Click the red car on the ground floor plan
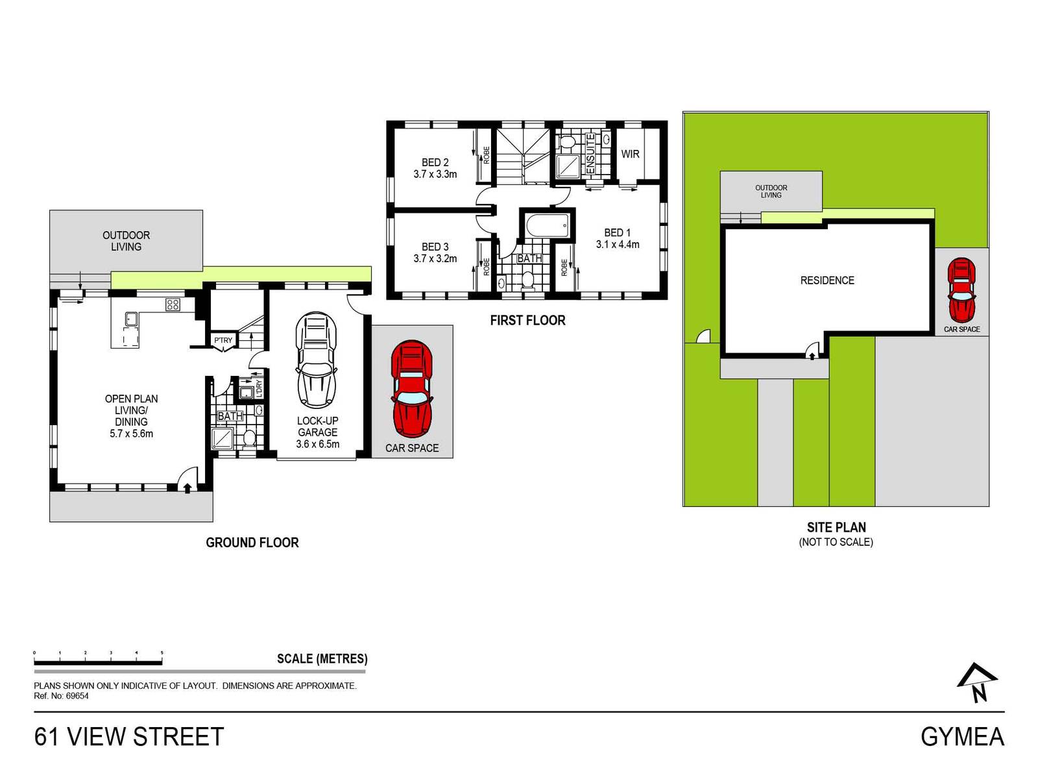(x=411, y=389)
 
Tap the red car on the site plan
(x=961, y=290)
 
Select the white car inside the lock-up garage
(x=317, y=360)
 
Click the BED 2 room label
(x=435, y=162)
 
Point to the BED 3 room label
(x=435, y=247)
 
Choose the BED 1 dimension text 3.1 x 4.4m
(x=618, y=244)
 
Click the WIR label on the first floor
(x=630, y=154)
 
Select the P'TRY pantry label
(x=223, y=340)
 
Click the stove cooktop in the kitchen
(x=173, y=304)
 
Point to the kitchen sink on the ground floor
(x=132, y=318)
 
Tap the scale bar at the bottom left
(x=98, y=662)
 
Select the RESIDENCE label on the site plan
(x=827, y=280)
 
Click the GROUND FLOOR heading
(x=252, y=543)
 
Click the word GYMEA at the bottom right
(x=962, y=737)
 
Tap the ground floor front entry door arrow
(x=187, y=488)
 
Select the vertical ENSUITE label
(x=590, y=153)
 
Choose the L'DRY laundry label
(x=259, y=389)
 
